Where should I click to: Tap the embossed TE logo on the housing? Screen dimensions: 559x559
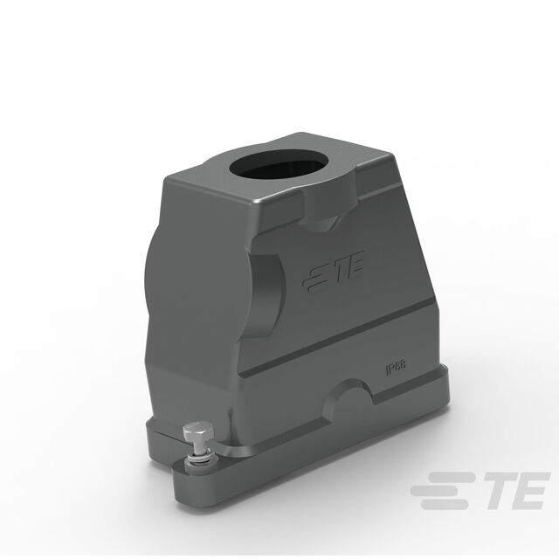pyautogui.click(x=334, y=272)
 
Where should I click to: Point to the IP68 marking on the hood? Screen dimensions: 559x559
pyautogui.click(x=396, y=368)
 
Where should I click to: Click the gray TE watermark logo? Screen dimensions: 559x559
pyautogui.click(x=480, y=491)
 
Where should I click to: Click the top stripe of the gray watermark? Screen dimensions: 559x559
pyautogui.click(x=452, y=478)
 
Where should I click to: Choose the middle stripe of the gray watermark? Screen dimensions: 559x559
pyautogui.click(x=438, y=491)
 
